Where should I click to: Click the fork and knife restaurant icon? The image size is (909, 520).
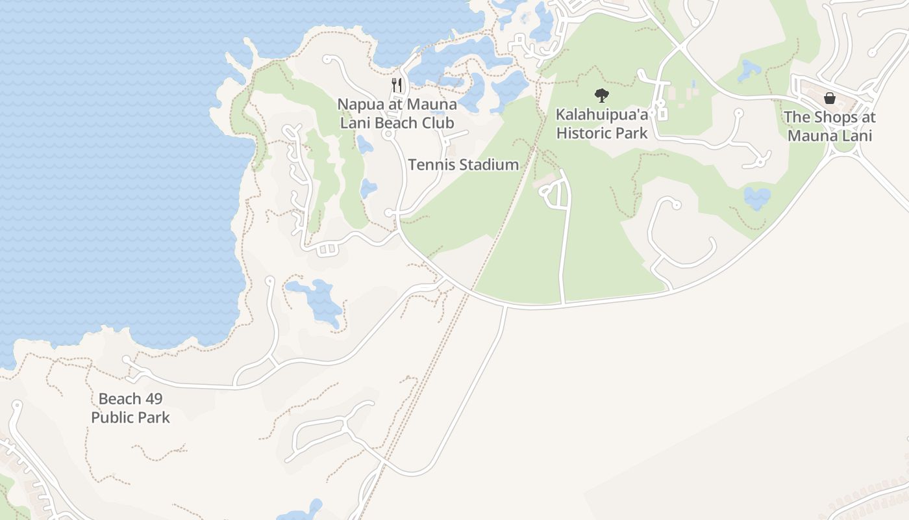397,85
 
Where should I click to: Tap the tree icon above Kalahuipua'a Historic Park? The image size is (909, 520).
602,96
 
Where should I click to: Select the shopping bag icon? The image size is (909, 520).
830,98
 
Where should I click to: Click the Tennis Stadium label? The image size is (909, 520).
464,165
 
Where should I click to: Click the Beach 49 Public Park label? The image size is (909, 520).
131,408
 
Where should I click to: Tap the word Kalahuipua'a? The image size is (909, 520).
602,115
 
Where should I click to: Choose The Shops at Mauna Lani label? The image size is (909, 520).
830,127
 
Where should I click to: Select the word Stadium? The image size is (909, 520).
488,165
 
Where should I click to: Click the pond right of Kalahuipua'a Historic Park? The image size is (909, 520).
757,197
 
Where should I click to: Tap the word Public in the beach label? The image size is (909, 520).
112,417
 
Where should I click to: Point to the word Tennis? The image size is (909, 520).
430,165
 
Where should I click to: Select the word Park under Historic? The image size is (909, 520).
633,133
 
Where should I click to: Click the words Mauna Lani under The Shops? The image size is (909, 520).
830,136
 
